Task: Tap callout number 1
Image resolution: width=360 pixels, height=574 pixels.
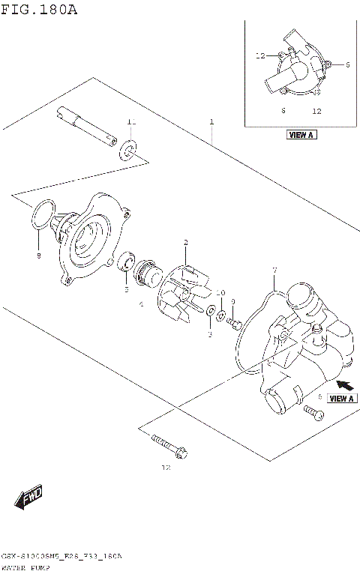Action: click(x=212, y=121)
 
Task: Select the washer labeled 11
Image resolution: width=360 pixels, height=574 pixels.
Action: click(x=129, y=151)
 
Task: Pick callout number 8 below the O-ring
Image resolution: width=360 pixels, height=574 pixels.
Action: click(x=39, y=256)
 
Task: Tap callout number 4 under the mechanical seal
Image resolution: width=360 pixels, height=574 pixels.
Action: click(x=140, y=305)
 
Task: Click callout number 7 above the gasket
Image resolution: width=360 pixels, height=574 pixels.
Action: click(x=274, y=270)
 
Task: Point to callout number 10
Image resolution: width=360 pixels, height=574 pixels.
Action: click(x=220, y=292)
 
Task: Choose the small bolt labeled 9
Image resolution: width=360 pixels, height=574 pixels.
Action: click(x=235, y=323)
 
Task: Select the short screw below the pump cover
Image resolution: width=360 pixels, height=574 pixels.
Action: click(x=313, y=411)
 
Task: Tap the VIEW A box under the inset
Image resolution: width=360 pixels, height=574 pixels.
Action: click(x=301, y=135)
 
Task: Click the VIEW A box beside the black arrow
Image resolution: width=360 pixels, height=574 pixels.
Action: click(x=341, y=399)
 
